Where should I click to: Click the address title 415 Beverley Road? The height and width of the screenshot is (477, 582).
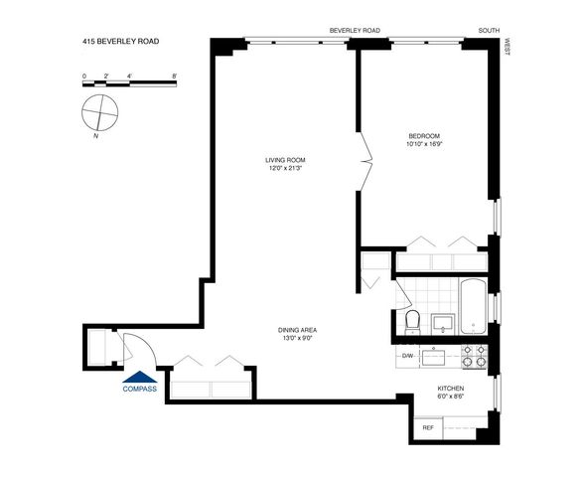(x=120, y=43)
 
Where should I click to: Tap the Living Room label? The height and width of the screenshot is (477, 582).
(x=284, y=159)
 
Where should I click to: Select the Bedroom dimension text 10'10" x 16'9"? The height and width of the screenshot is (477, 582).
(x=424, y=145)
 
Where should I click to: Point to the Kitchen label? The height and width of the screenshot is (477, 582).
(x=452, y=389)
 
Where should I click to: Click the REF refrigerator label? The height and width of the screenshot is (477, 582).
(x=428, y=427)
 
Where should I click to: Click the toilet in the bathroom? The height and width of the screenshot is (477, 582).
(x=412, y=321)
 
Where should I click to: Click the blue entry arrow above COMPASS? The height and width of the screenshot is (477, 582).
(x=138, y=376)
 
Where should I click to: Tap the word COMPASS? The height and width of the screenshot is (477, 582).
(x=139, y=389)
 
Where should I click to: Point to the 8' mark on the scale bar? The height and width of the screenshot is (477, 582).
(x=175, y=75)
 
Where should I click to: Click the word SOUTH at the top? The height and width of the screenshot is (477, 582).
(x=488, y=31)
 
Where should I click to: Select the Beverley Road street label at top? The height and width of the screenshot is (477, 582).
(x=355, y=31)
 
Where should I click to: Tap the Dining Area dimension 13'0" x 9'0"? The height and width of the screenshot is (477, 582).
(x=298, y=339)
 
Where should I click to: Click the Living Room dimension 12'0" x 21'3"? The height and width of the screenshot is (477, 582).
(x=284, y=168)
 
